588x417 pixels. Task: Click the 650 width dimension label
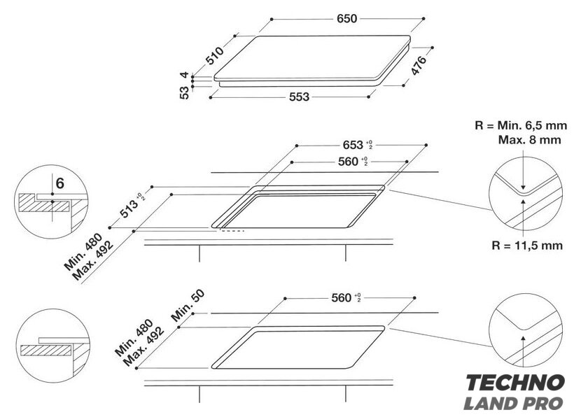(347, 18)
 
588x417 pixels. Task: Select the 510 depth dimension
(215, 55)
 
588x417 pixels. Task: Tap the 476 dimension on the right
(419, 66)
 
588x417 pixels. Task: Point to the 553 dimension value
(299, 97)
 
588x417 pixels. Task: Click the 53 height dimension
(185, 92)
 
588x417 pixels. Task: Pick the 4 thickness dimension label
(184, 75)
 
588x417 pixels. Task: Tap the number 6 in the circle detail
(60, 183)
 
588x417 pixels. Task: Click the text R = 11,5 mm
(527, 246)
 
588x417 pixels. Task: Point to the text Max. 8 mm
(529, 140)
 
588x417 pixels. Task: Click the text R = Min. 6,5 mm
(521, 125)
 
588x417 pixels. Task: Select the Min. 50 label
(188, 306)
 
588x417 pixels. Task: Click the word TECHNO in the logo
(515, 383)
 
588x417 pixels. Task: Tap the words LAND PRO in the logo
(513, 403)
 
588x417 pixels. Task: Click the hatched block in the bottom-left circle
(45, 351)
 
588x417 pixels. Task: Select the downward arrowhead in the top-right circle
(524, 188)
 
